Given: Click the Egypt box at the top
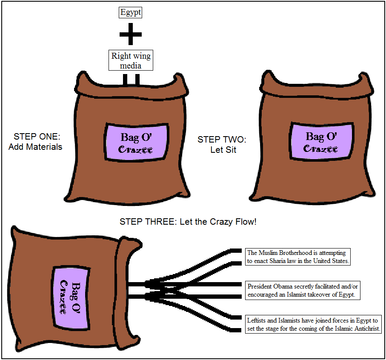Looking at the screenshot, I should pos(130,12).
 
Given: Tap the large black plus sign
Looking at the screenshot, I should pos(130,34).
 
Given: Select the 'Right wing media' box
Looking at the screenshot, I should pos(131,60).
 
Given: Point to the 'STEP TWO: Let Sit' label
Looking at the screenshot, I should pos(223,145).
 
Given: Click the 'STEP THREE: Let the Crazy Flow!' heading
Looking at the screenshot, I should pos(188,222).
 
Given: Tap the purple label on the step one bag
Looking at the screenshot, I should pos(136,143).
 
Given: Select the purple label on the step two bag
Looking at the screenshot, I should pos(321,143).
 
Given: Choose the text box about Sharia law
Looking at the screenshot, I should pos(298,257).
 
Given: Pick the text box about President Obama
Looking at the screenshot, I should pos(303,290).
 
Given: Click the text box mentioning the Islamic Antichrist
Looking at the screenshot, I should pos(313,324).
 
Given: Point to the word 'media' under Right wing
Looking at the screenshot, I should pos(131,65).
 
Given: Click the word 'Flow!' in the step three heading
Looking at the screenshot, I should pos(246,222).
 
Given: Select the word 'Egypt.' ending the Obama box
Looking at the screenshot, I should pos(346,294).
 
